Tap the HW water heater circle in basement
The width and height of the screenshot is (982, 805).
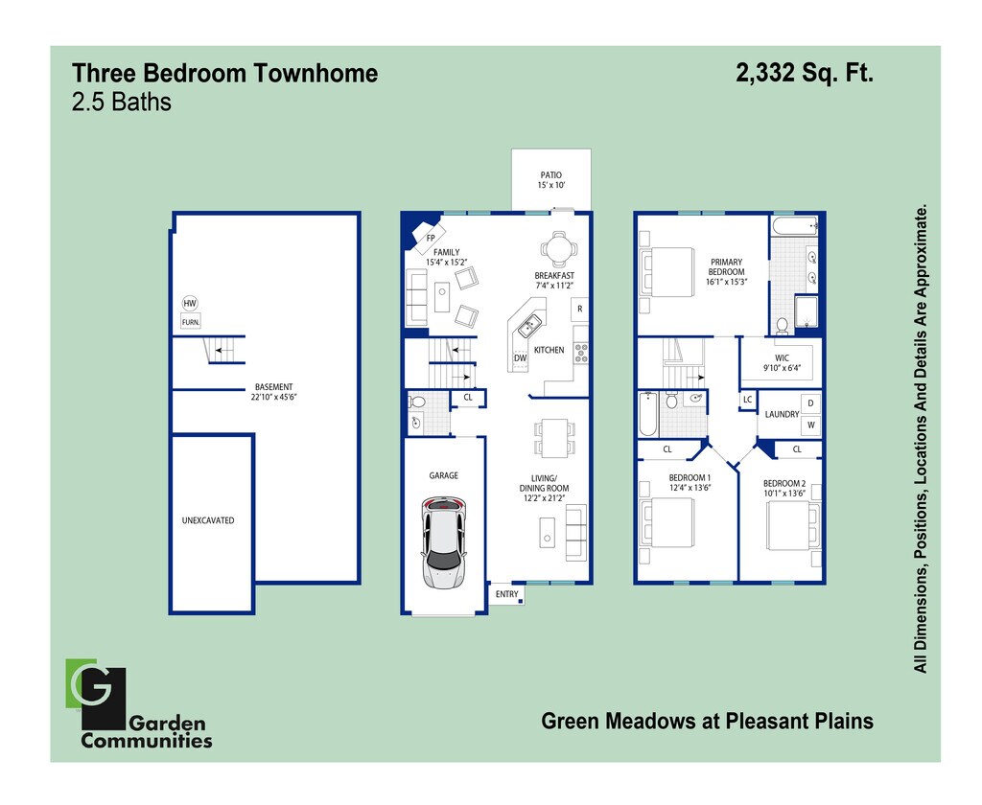tap(190, 304)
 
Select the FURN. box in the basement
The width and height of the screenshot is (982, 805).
tap(191, 323)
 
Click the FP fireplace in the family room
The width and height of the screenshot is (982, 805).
tap(430, 237)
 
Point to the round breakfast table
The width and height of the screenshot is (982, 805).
tap(557, 249)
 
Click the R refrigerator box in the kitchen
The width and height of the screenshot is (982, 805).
tap(579, 309)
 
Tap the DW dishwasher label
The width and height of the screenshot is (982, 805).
tap(520, 357)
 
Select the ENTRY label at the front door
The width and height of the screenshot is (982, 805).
tap(507, 595)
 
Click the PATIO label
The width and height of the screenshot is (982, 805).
tap(550, 175)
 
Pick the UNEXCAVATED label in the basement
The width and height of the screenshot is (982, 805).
tap(208, 520)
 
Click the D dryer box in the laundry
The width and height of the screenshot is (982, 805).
tap(809, 403)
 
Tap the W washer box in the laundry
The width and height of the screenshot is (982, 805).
tap(809, 425)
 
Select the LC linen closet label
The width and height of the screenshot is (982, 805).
tap(747, 400)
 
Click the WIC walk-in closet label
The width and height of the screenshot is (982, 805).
tap(781, 357)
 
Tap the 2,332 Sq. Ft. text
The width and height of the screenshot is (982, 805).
tap(804, 73)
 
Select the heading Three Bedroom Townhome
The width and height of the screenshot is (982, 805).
tap(225, 74)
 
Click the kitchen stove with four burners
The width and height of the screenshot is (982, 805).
tap(580, 352)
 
